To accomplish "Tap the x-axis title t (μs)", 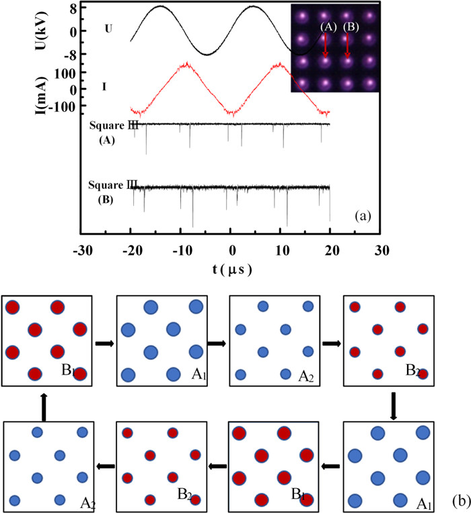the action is pos(232,270).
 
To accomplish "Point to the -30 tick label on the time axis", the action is pos(83,251).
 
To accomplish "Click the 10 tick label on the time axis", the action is pos(282,251).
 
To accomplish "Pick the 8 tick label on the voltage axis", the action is pos(73,8).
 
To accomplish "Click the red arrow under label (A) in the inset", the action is pos(325,45).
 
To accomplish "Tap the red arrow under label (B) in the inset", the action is pos(347,46).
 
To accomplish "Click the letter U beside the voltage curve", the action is pos(108,29).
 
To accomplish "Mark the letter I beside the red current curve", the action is pos(104,87).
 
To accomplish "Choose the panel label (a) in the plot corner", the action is pos(363,216).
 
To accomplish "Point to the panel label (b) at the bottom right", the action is pos(462,502).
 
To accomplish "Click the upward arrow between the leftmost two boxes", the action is pos(44,406).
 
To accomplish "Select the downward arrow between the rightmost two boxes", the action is pos(394,406).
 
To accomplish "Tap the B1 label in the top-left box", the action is pos(68,370).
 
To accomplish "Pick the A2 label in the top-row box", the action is pos(306,377).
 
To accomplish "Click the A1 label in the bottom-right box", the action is pos(425,504).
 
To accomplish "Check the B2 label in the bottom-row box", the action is pos(184,494).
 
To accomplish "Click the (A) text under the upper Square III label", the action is pos(106,140).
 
